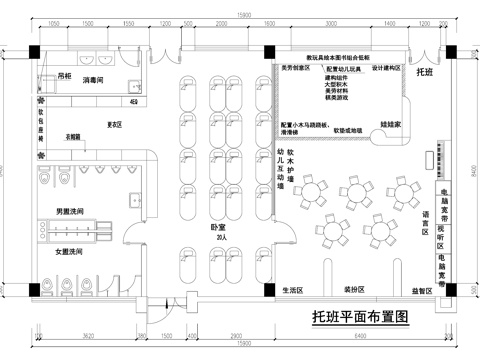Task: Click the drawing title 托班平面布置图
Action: (361, 318)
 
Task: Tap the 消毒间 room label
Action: (95, 80)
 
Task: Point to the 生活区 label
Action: (290, 289)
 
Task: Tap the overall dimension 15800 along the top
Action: (243, 11)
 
